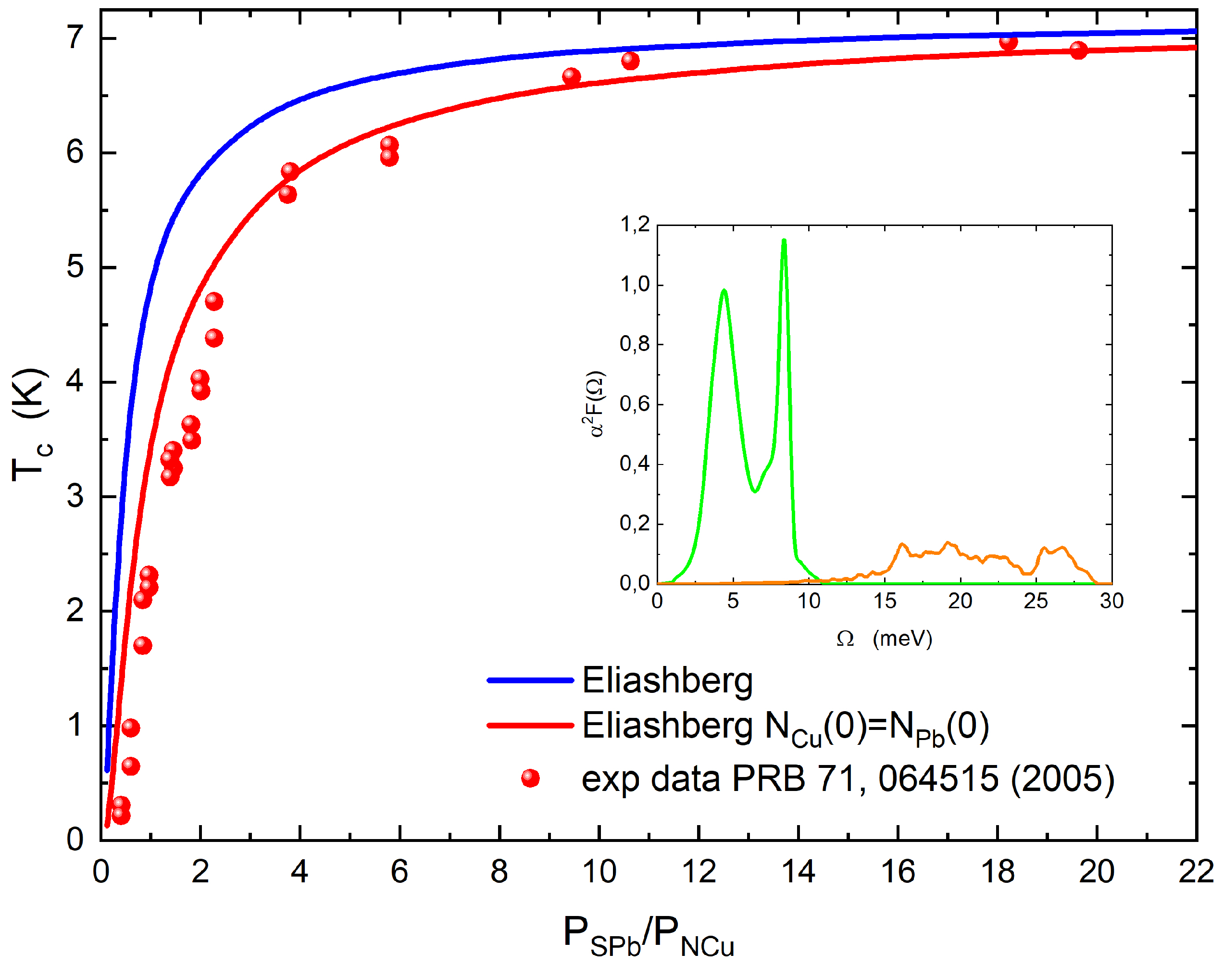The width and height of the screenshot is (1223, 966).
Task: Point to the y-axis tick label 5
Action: point(75,266)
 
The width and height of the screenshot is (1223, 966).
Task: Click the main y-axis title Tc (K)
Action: point(31,424)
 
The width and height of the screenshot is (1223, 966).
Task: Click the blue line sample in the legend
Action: point(530,680)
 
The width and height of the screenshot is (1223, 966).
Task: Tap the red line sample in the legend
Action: point(530,726)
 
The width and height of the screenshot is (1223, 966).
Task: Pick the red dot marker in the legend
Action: point(530,778)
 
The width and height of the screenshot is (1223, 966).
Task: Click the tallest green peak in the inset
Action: point(784,241)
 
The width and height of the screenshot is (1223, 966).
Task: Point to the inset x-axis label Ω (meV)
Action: point(884,639)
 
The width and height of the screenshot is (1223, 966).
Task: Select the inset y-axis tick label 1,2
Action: point(635,225)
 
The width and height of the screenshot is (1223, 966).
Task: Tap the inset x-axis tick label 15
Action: point(884,601)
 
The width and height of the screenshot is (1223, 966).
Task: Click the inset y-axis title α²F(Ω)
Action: point(594,404)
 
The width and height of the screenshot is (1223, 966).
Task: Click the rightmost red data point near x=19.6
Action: point(1078,50)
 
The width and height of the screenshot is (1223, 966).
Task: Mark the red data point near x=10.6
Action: point(630,61)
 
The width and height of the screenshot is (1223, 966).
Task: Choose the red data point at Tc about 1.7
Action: point(142,645)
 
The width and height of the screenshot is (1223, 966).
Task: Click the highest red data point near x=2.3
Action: point(214,301)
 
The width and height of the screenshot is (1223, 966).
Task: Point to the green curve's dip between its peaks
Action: point(755,491)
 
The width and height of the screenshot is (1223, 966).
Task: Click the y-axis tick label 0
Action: point(75,840)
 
